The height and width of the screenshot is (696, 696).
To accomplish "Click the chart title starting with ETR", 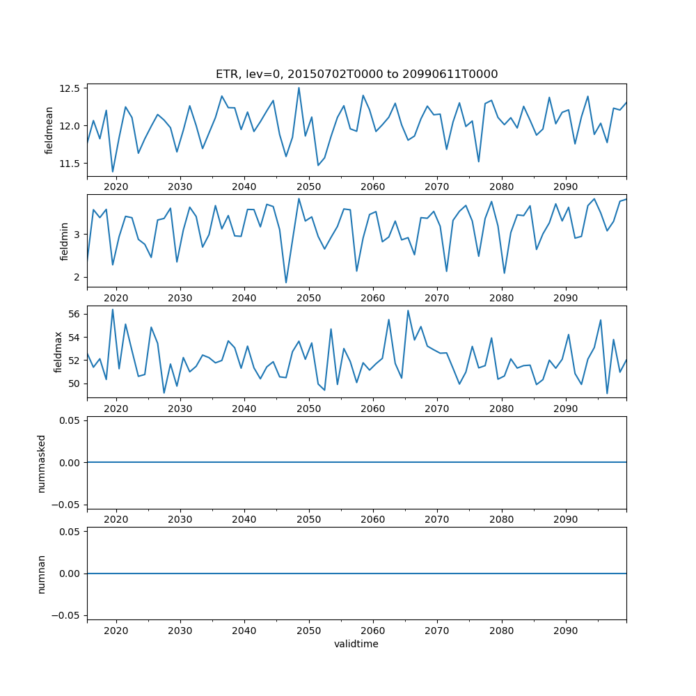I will [356, 74].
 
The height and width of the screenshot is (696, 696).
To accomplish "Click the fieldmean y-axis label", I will [49, 130].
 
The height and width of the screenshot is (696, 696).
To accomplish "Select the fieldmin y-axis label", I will [64, 242].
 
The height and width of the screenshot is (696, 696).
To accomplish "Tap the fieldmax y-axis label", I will [59, 352].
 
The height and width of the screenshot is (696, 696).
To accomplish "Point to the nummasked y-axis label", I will [41, 463].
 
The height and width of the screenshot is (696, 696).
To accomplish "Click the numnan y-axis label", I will [41, 574].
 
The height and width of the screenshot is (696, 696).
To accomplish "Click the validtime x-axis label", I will [356, 644].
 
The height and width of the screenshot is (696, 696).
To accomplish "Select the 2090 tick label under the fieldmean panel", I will [565, 187].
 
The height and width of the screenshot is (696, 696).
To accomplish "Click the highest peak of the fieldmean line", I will [299, 88].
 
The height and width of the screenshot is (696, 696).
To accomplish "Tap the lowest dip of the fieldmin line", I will [286, 283].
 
